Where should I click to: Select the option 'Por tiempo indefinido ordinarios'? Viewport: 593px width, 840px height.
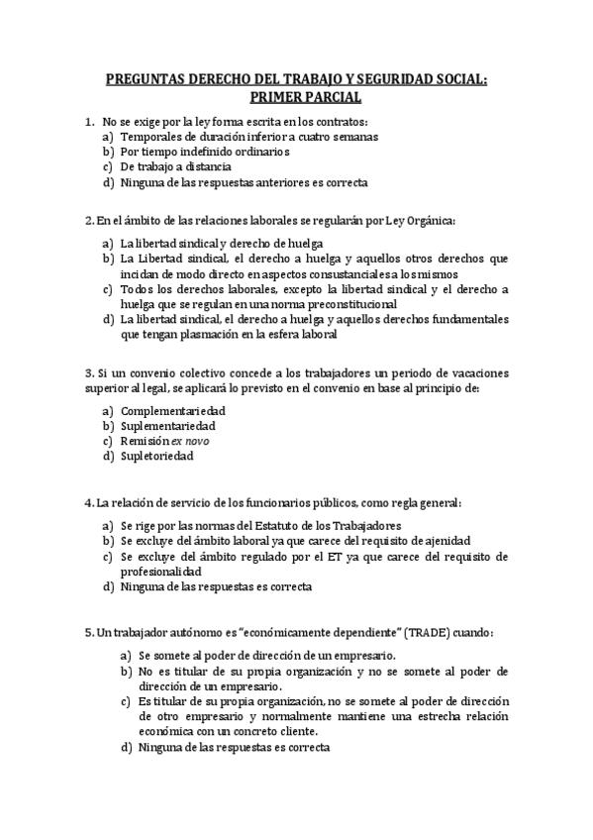coord(204,152)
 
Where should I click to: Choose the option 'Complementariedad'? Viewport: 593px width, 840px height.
coord(172,410)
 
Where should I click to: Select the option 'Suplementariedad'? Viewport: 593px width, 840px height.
coord(167,426)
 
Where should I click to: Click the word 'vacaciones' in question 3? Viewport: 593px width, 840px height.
coord(478,373)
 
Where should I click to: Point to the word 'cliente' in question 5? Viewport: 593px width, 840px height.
coord(283,732)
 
